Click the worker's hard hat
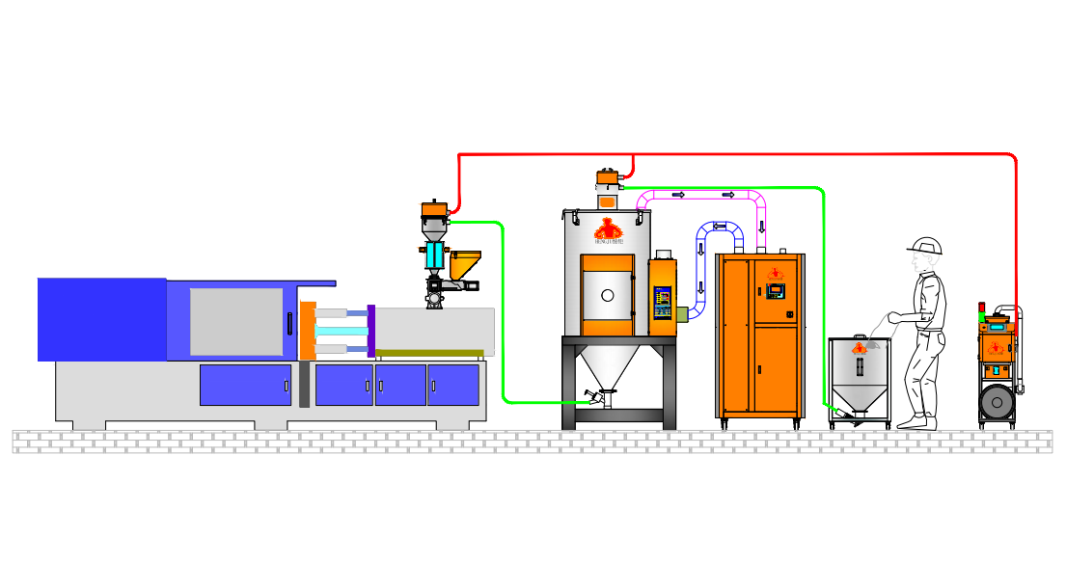[x=926, y=246]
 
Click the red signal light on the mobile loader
[x=981, y=307]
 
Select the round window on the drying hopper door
[x=608, y=296]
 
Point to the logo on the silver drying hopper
[x=607, y=229]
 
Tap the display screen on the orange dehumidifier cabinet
[x=776, y=289]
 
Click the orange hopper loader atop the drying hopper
[x=607, y=178]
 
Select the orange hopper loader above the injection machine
[x=434, y=208]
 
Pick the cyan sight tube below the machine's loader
[x=434, y=255]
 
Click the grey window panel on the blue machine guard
[x=236, y=322]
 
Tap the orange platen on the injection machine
[x=308, y=330]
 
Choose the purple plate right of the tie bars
[x=370, y=330]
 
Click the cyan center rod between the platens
[x=342, y=331]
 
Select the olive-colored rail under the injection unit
[x=429, y=353]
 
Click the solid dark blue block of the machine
[x=101, y=319]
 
